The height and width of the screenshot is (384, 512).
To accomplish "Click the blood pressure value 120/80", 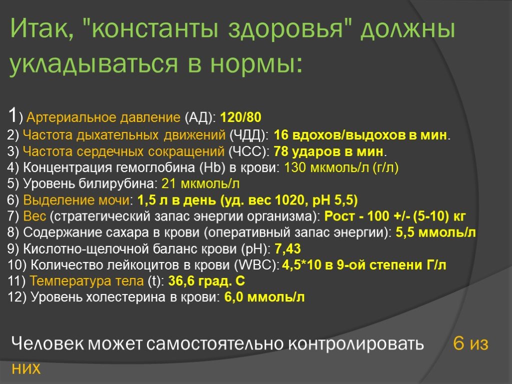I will (240, 118).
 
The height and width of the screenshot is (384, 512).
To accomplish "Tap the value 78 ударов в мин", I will (329, 151).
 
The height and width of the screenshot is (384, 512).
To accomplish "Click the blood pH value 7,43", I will (287, 249).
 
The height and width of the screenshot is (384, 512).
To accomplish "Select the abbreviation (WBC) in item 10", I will (262, 265).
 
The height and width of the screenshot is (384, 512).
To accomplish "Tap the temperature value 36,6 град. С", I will (206, 281).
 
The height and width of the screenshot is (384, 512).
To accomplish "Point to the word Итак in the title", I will (40, 31).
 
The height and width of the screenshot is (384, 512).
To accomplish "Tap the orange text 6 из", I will (470, 344).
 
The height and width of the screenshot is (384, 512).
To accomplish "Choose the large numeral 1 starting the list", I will (13, 116).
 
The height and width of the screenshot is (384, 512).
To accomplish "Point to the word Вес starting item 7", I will (34, 216).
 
